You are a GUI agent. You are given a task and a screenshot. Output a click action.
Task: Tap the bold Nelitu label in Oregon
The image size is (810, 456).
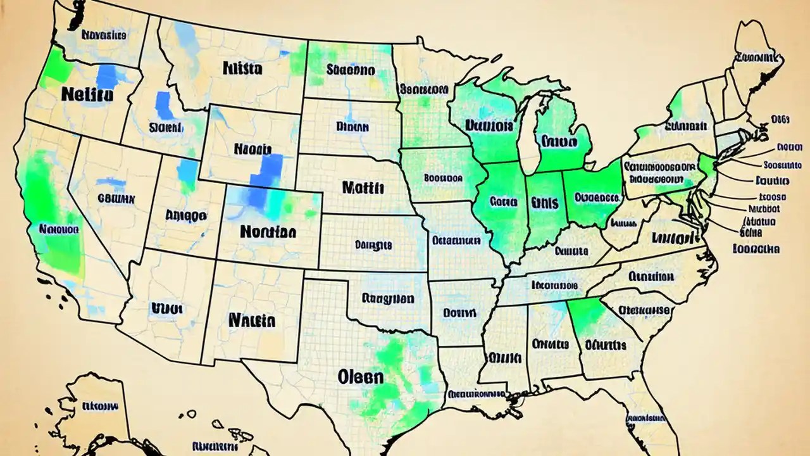[x=88, y=95]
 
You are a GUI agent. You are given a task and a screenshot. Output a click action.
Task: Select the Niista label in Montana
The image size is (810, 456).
[x=242, y=68]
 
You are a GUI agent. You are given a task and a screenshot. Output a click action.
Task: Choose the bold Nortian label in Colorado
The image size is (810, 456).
[x=268, y=232]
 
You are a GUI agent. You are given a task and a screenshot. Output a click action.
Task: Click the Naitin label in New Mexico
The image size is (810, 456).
[x=252, y=319]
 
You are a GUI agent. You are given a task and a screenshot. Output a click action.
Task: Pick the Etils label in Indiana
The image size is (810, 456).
[x=545, y=203]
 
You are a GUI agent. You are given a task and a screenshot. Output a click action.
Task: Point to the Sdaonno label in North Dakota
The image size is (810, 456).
[x=351, y=70]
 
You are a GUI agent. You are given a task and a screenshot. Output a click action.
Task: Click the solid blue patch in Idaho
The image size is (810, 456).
[x=164, y=104]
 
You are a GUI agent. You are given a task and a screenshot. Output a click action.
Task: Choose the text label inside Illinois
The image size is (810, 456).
[x=503, y=203]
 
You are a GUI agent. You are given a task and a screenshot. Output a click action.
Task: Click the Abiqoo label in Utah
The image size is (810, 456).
[x=185, y=215]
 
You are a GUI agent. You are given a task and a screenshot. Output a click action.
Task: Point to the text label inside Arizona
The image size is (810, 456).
[x=166, y=308]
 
